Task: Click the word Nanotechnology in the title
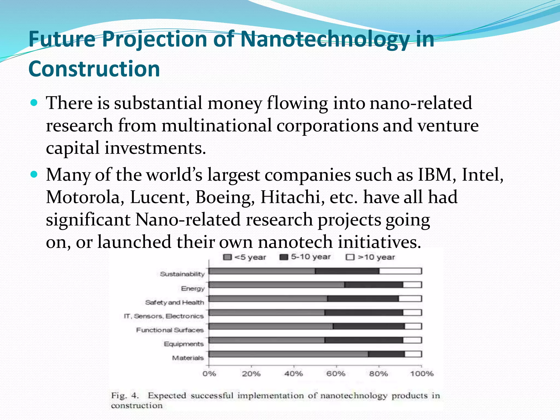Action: (324, 39)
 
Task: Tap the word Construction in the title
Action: (94, 69)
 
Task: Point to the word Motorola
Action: (83, 197)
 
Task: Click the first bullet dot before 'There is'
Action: (34, 103)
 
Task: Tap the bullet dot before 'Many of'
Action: (34, 174)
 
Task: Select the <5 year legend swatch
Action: (227, 257)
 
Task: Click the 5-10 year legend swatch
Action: (284, 257)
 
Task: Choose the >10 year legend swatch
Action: (350, 257)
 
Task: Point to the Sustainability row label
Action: (182, 274)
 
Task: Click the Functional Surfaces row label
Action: (170, 330)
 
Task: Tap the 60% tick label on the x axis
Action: (336, 374)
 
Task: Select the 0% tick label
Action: (209, 374)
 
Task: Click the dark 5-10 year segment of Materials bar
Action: (386, 354)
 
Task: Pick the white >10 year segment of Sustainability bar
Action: (400, 271)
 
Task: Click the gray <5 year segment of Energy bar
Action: (276, 285)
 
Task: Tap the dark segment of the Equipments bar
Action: (364, 340)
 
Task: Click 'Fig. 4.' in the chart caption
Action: (125, 396)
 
